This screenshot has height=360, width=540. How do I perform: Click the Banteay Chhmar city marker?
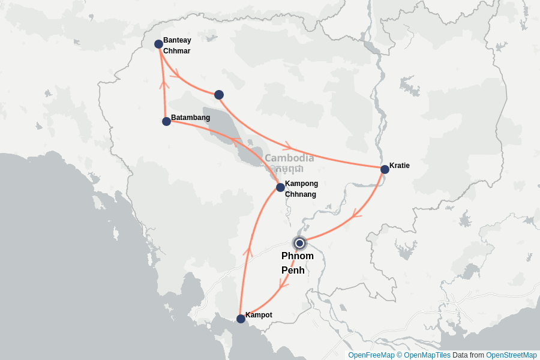(x=158, y=44)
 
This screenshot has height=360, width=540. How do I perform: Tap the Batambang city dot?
(x=166, y=121)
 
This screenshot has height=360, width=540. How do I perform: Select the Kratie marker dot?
(x=385, y=169)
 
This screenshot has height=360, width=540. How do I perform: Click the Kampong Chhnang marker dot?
(x=280, y=187)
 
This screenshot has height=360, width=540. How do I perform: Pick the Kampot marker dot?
(x=241, y=319)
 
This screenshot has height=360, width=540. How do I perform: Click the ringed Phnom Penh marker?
(x=299, y=243)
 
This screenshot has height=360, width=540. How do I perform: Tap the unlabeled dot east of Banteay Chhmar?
(x=219, y=94)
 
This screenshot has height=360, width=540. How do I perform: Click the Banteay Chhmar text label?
(x=177, y=46)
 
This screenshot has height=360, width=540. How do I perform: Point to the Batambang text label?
(x=191, y=118)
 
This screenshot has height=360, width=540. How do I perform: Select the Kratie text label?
(x=400, y=166)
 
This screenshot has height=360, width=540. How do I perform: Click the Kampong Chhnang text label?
(x=301, y=189)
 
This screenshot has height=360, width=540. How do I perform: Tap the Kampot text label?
(x=259, y=315)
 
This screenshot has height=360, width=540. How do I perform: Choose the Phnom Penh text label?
(x=298, y=263)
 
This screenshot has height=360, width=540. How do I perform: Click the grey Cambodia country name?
(x=289, y=158)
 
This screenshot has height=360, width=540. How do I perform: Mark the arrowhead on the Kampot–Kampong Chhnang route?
(x=247, y=251)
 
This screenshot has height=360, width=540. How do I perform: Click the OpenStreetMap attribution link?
(x=511, y=355)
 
